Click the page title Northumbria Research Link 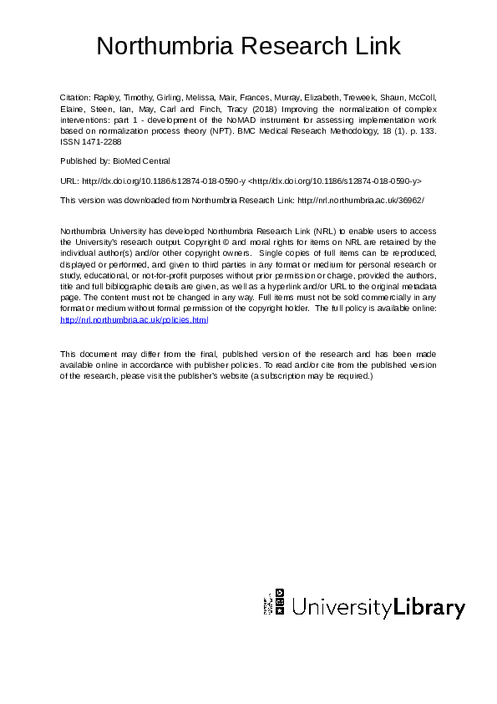[248, 45]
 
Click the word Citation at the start [74, 97]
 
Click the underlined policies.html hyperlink [134, 319]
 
